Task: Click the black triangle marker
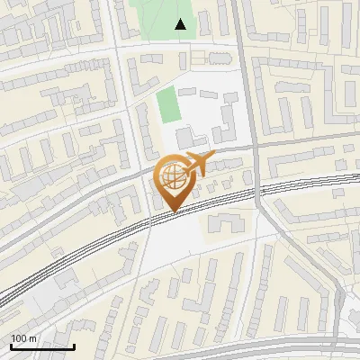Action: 181,24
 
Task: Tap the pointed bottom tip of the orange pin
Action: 172,212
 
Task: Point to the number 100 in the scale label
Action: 18,338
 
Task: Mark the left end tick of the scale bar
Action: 11,346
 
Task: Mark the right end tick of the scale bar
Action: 74,346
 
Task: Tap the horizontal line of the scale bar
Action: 42,346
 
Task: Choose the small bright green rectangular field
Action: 168,105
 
